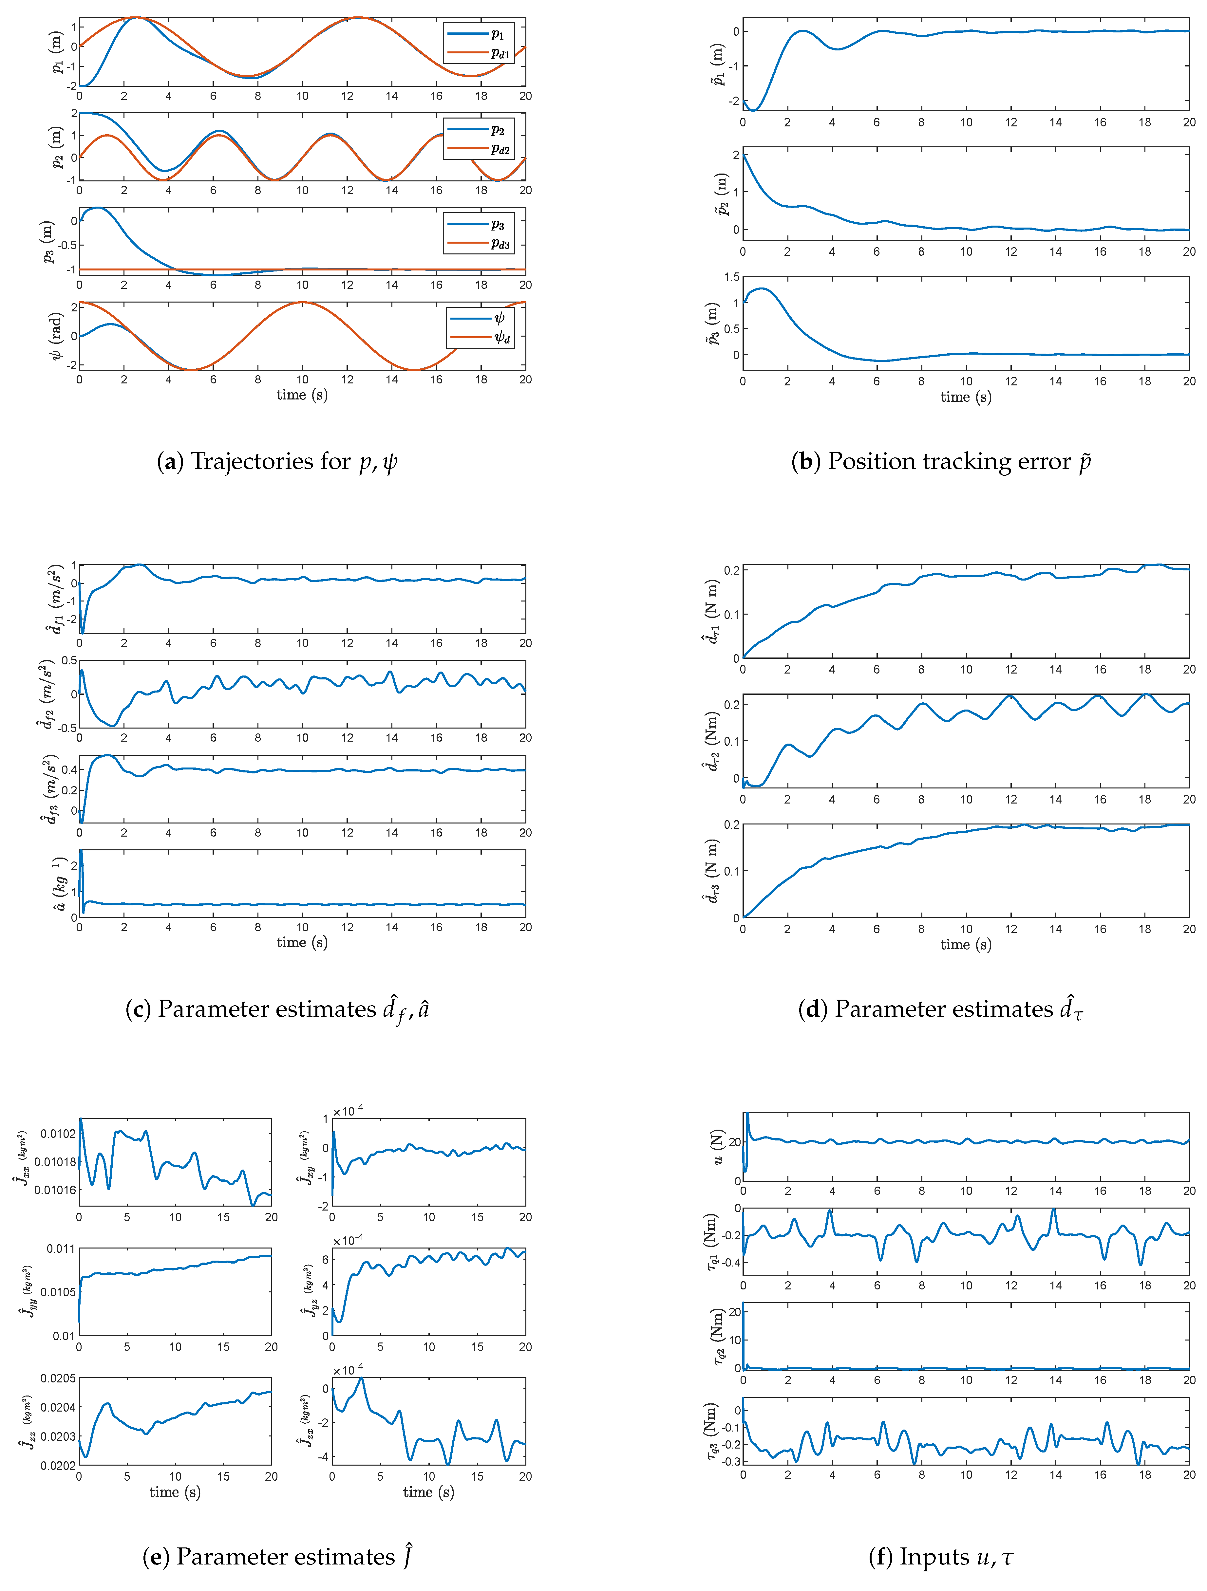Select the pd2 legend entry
point(478,149)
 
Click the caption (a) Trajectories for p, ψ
point(277,461)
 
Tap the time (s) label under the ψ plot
point(302,395)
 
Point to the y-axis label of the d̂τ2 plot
point(711,741)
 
